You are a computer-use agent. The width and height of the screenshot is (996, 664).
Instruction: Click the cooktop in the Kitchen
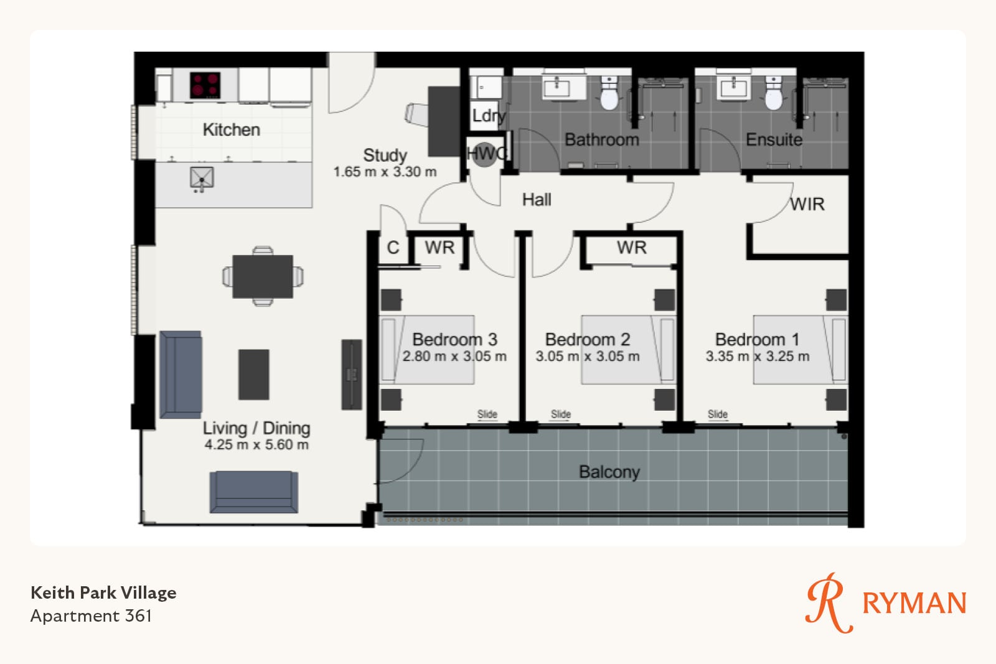pyautogui.click(x=205, y=85)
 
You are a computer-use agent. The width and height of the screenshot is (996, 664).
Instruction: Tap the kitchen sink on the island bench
pyautogui.click(x=202, y=178)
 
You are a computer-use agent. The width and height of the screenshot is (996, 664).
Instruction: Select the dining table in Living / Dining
pyautogui.click(x=263, y=276)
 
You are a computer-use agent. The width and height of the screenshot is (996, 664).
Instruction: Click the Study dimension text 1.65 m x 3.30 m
pyautogui.click(x=385, y=172)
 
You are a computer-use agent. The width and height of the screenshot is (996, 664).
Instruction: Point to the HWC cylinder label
pyautogui.click(x=486, y=153)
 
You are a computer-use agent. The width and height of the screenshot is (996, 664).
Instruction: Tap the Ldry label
pyautogui.click(x=489, y=116)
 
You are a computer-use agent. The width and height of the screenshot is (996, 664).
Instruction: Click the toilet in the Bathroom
pyautogui.click(x=609, y=93)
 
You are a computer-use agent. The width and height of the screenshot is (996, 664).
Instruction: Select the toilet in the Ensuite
pyautogui.click(x=774, y=93)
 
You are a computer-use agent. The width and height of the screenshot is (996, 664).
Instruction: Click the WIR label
pyautogui.click(x=807, y=205)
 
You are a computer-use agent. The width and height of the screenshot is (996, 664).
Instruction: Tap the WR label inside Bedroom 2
pyautogui.click(x=631, y=248)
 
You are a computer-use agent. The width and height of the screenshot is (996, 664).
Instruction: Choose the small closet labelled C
pyautogui.click(x=393, y=248)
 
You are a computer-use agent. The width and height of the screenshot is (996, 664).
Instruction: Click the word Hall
pyautogui.click(x=537, y=200)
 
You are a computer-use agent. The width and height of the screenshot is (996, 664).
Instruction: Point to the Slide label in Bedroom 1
pyautogui.click(x=718, y=414)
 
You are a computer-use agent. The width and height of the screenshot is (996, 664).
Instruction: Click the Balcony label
pyautogui.click(x=609, y=472)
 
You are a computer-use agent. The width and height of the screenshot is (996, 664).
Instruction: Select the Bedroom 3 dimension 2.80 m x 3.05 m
pyautogui.click(x=454, y=357)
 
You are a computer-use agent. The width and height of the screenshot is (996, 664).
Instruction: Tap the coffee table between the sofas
pyautogui.click(x=253, y=375)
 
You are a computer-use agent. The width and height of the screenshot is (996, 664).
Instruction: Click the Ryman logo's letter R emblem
pyautogui.click(x=829, y=603)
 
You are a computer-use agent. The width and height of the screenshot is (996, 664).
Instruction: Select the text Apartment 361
pyautogui.click(x=91, y=616)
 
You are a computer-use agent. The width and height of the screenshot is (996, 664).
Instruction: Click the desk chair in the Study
pyautogui.click(x=416, y=115)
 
